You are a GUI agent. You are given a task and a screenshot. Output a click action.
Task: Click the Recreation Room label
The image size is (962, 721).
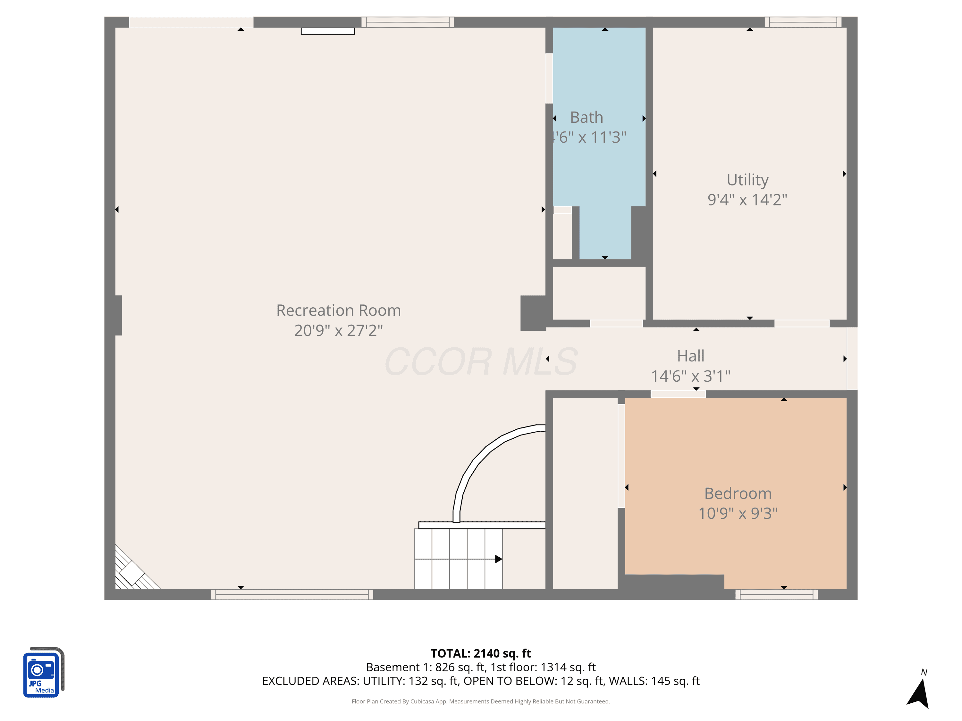pyautogui.click(x=338, y=310)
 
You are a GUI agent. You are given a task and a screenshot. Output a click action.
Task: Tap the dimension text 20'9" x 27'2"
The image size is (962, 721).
pyautogui.click(x=338, y=330)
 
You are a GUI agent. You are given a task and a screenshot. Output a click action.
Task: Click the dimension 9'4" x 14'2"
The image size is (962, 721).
pyautogui.click(x=747, y=200)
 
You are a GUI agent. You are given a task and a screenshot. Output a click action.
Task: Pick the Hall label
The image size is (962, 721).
pyautogui.click(x=691, y=356)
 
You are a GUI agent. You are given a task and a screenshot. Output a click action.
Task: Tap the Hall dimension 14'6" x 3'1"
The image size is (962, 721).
pyautogui.click(x=691, y=376)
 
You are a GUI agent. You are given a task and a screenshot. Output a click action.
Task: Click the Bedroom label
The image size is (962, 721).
pyautogui.click(x=738, y=493)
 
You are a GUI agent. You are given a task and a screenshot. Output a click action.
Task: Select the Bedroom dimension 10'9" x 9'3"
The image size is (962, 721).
pyautogui.click(x=738, y=513)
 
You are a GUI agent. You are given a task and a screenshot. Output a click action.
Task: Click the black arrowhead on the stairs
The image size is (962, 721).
pyautogui.click(x=498, y=559)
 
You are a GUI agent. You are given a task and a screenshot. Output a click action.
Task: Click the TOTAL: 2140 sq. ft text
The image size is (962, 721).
pyautogui.click(x=481, y=653)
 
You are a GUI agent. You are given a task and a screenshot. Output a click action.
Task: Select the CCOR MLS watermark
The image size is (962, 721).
pyautogui.click(x=481, y=361)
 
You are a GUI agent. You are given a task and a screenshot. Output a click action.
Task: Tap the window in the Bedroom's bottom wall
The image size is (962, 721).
pyautogui.click(x=776, y=594)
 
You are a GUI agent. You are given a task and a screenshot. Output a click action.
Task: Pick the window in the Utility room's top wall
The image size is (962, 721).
pyautogui.click(x=803, y=22)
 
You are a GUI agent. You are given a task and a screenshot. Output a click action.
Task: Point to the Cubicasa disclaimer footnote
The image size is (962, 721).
pyautogui.click(x=481, y=701)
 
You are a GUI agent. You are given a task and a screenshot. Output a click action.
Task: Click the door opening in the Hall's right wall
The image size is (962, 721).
pyautogui.click(x=852, y=358)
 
